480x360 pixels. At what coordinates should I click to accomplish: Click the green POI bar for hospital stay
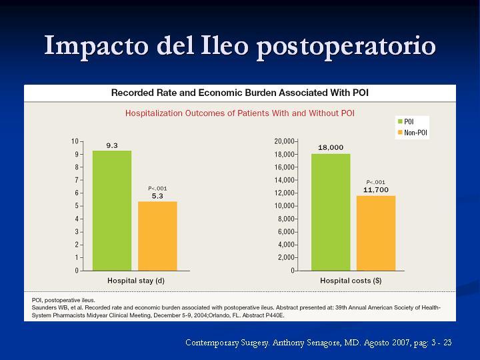pos(112,211)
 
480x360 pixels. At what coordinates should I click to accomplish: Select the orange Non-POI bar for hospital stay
pos(157,236)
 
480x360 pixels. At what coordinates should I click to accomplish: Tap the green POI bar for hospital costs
pos(331,212)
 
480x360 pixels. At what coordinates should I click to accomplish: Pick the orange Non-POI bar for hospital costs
pos(376,233)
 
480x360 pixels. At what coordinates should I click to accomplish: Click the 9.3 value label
pos(112,145)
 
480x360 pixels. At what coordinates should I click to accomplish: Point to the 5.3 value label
pos(157,196)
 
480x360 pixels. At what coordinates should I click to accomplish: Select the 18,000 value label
pos(331,147)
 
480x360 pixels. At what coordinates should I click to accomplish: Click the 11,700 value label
pos(376,190)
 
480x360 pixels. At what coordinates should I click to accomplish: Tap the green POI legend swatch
pos(400,121)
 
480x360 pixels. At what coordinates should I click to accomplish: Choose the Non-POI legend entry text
pos(415,133)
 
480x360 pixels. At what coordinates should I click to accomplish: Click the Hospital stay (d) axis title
pos(136,281)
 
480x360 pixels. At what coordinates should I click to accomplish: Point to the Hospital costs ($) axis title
pos(351,281)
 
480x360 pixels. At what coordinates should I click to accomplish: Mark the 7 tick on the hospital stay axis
pos(77,180)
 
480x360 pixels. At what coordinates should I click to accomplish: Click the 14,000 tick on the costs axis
pos(285,180)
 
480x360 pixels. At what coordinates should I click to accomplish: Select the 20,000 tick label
pos(285,141)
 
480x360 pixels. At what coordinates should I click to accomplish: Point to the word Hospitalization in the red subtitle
pos(154,113)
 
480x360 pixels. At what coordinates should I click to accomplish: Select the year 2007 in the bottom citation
pos(401,343)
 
